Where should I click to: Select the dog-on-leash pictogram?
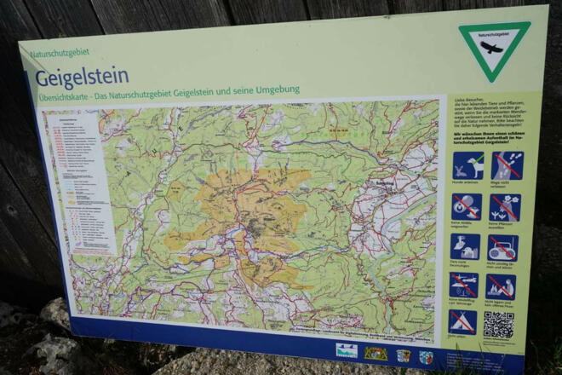click(467, 165)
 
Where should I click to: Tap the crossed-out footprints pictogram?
click(507, 165)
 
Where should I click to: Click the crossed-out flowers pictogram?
click(505, 207)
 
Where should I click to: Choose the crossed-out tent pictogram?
click(462, 321)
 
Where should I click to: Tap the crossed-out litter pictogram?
click(466, 206)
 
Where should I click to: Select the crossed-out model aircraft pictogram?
click(464, 285)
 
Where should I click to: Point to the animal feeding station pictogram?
click(465, 246)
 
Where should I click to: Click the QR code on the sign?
click(499, 325)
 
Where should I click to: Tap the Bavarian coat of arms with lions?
click(376, 353)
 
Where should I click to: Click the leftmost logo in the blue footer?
click(346, 350)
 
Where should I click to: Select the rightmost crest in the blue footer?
click(426, 357)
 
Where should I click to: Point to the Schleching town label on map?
click(375, 184)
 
